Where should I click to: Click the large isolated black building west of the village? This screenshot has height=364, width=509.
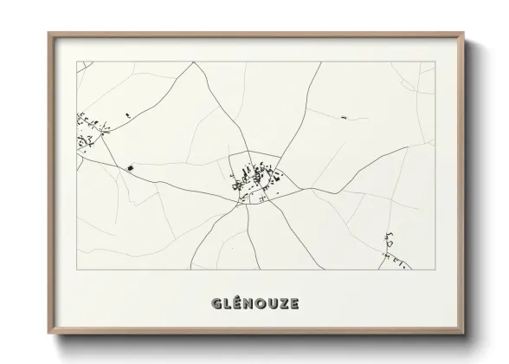click(131, 166)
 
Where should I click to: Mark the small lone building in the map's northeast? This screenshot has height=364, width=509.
click(343, 116)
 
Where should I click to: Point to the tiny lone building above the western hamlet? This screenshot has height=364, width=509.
click(127, 114)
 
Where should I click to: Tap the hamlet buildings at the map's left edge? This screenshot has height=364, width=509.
click(89, 133)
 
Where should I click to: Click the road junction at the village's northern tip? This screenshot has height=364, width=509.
click(250, 153)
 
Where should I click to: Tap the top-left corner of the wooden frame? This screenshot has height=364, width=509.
click(48, 33)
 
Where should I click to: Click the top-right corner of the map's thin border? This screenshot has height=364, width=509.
click(435, 62)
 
